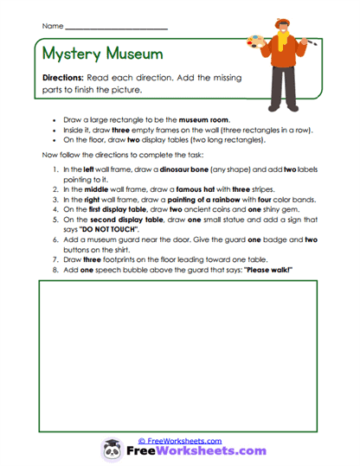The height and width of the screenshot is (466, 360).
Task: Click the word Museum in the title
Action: (x=134, y=54)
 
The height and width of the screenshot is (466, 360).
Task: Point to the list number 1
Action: (x=55, y=169)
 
